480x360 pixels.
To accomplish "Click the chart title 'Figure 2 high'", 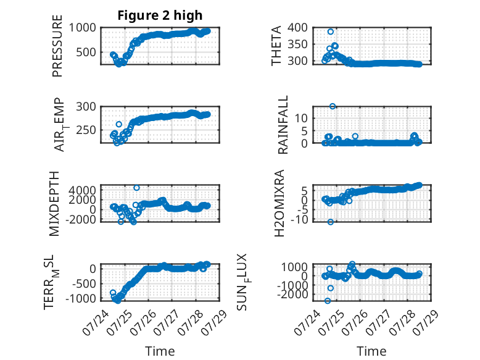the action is (160, 15).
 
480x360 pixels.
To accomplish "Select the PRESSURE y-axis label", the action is (57, 46).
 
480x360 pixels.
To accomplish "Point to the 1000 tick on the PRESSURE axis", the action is (82, 28).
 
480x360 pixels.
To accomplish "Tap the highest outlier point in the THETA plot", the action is (330, 31).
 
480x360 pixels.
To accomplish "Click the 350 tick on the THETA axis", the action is (297, 44).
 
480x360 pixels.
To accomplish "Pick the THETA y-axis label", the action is (276, 46).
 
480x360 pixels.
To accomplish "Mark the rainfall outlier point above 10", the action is (333, 106).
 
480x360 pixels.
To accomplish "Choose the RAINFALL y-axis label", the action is (283, 124).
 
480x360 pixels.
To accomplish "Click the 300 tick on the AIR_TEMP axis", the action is (86, 107).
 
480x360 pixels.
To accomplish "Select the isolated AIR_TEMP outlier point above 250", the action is (119, 124).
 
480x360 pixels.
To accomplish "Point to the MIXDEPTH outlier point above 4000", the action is (136, 188).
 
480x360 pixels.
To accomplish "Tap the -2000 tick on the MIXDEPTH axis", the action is (80, 219).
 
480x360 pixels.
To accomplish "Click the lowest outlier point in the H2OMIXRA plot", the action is (330, 222).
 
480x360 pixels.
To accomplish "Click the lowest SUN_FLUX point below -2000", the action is (328, 301).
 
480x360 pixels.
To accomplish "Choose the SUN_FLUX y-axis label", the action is (243, 282).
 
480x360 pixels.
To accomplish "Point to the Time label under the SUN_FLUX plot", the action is (371, 351).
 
